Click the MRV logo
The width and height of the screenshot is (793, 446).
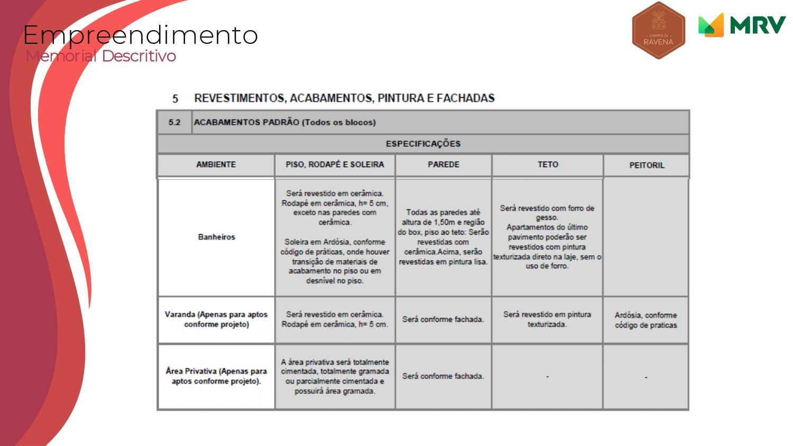pos(742,25)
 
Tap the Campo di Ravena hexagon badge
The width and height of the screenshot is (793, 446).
pos(658,31)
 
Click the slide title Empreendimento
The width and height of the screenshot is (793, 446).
pos(141,35)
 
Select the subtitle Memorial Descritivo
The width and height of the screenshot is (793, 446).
pos(101,55)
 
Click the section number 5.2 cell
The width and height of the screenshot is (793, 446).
pos(174,123)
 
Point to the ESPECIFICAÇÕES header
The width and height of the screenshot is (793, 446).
pos(423,144)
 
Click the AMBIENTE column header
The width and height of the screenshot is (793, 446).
pos(216,165)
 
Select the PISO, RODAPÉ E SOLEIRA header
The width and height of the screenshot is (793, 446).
pos(335,165)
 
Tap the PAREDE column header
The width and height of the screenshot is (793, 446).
pos(443,165)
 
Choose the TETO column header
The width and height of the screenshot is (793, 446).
pos(547,165)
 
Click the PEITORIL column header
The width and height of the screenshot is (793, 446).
pos(646,165)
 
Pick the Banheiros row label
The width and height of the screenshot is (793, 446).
pos(216,237)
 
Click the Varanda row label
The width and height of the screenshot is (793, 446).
pos(216,319)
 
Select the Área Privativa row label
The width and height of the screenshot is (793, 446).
pos(216,376)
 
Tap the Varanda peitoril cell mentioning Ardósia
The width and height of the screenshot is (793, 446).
pos(646,320)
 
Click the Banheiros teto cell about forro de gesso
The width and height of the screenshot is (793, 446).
pos(547,237)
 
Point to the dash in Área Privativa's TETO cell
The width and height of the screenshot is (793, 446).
pos(547,376)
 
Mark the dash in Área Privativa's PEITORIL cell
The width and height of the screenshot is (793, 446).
pos(646,377)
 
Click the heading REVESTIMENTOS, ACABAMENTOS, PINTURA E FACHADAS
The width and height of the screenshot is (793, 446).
pos(344,98)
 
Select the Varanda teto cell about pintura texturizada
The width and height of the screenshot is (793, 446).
pos(547,319)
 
